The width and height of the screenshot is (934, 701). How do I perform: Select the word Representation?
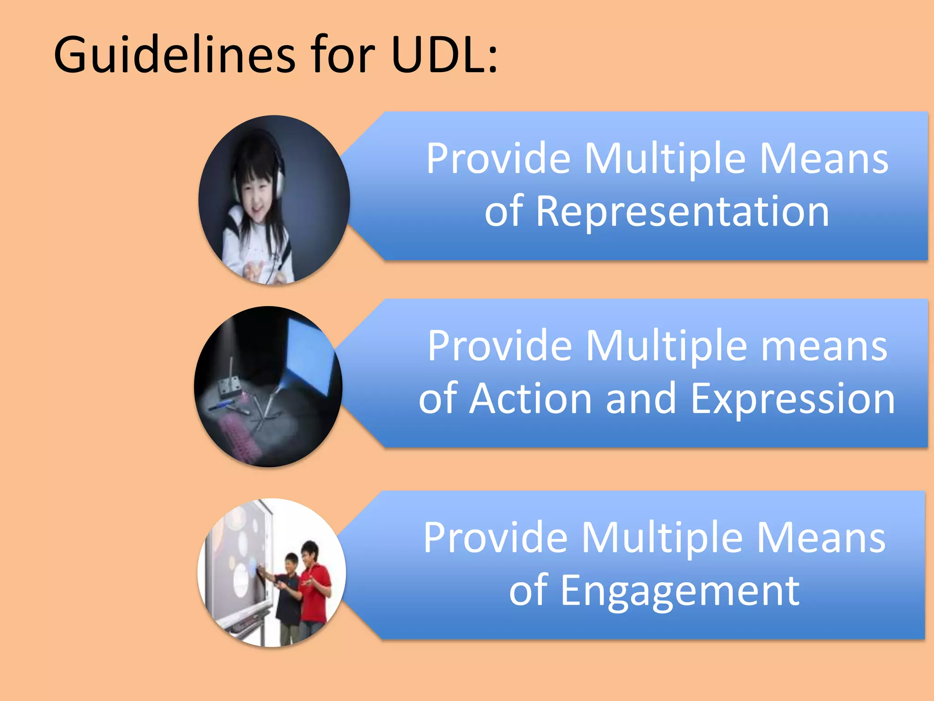pyautogui.click(x=681, y=211)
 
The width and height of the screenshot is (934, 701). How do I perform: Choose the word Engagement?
pyautogui.click(x=680, y=591)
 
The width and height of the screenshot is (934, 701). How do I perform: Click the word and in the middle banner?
pyautogui.click(x=641, y=398)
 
